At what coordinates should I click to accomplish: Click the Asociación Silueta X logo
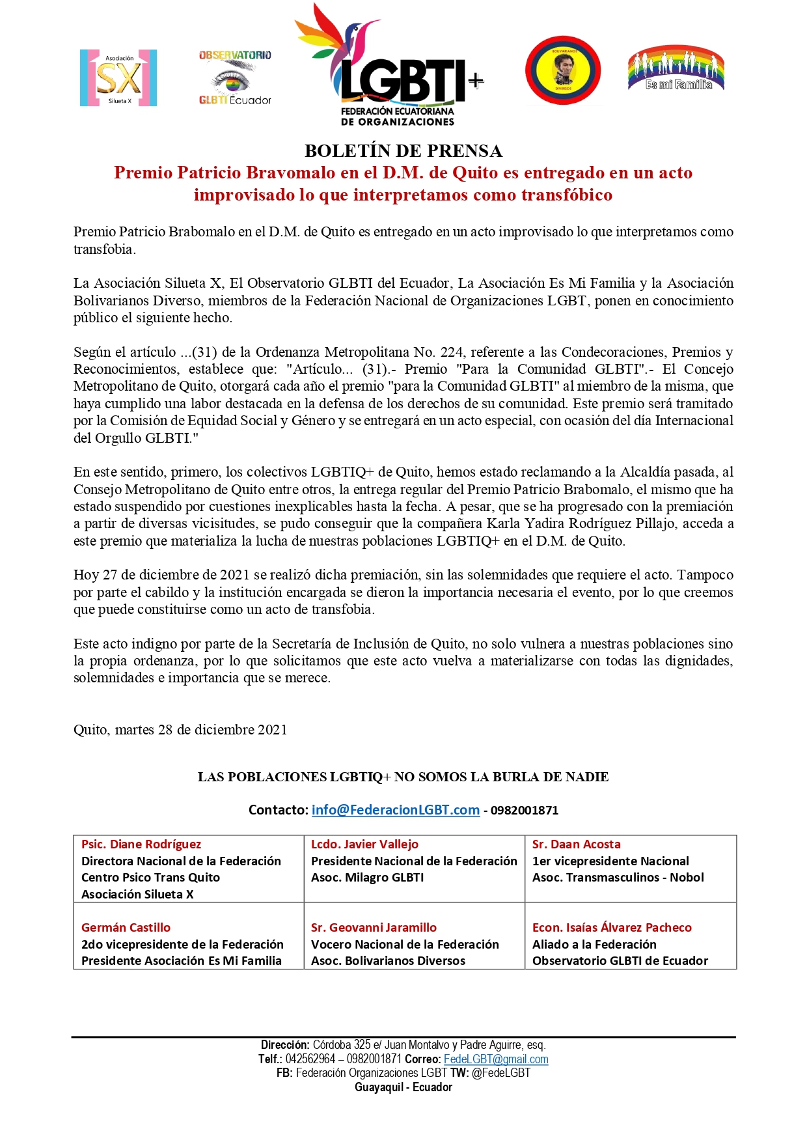(118, 77)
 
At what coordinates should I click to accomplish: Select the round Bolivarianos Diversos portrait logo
(563, 70)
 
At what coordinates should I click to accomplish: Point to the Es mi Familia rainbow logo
(676, 69)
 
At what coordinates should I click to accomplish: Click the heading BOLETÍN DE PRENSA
(403, 151)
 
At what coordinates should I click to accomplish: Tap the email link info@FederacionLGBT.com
(395, 810)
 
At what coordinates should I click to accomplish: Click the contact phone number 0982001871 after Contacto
(525, 811)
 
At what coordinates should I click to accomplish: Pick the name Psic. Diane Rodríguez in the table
(141, 844)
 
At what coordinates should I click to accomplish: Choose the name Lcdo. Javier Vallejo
(364, 844)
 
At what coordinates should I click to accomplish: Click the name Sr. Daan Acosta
(576, 844)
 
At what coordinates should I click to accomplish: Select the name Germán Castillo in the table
(126, 928)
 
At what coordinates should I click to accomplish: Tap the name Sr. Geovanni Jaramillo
(374, 928)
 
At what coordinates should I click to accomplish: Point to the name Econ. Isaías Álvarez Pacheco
(612, 928)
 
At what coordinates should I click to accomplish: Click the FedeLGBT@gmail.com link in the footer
(496, 1059)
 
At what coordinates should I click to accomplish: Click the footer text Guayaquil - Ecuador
(403, 1087)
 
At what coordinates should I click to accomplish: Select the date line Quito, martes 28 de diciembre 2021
(180, 730)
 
